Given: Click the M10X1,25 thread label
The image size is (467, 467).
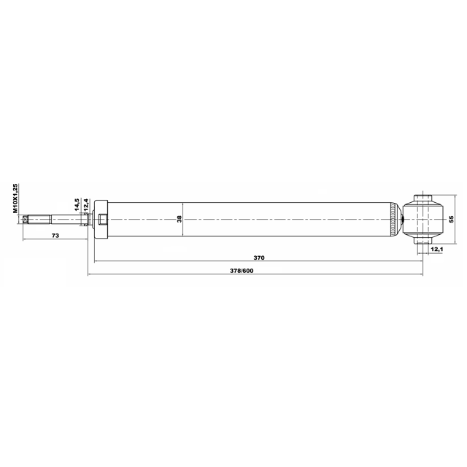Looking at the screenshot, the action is (15, 198).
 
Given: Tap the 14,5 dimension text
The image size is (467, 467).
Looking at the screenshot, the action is (77, 204).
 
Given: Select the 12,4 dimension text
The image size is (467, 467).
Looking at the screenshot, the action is (85, 204).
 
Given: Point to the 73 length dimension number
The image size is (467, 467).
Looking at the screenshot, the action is (55, 236).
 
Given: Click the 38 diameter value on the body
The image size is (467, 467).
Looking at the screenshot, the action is (179, 219).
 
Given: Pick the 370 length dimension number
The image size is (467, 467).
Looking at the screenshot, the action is (259, 258).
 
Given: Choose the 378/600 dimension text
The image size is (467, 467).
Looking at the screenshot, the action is (242, 271).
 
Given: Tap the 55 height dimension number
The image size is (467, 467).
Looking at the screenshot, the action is (452, 219).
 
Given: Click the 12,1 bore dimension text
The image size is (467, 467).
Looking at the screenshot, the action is (436, 249).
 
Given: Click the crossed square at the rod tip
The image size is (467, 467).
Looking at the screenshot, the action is (26, 220).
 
